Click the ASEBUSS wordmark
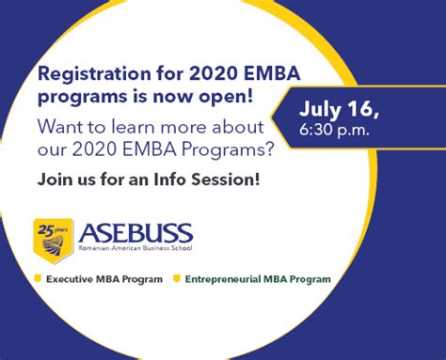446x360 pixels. click(x=136, y=232)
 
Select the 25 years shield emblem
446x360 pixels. click(x=53, y=237)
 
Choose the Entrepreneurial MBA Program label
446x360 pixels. click(x=258, y=279)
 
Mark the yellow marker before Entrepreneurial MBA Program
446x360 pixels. click(x=176, y=279)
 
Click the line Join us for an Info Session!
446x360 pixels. click(x=149, y=179)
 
